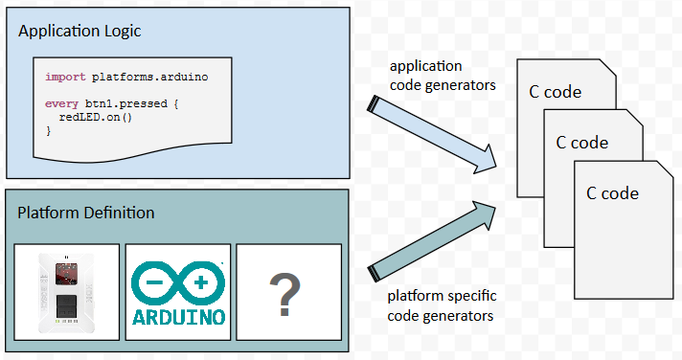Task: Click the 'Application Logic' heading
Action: pos(80,31)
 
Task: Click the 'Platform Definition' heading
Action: pos(86,212)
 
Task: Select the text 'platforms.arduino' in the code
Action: pos(150,76)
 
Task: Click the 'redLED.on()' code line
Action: pos(102,116)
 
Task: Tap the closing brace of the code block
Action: pos(49,129)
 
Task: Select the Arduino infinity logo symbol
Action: pos(176,283)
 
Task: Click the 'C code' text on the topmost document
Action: pos(556,92)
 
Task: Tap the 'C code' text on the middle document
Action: pos(581,142)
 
